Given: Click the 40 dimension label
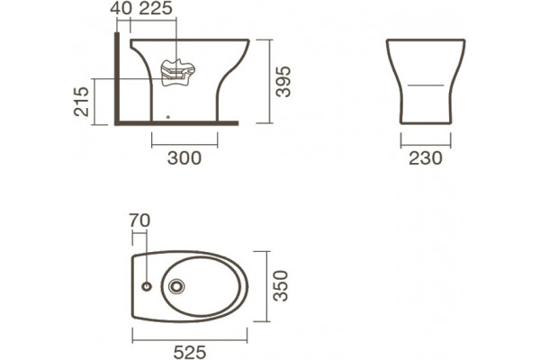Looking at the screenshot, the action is pyautogui.click(x=121, y=8).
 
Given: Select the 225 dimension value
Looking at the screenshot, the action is pyautogui.click(x=156, y=8).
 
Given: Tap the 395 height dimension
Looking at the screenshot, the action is pyautogui.click(x=284, y=82).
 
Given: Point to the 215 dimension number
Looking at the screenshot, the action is pyautogui.click(x=82, y=102).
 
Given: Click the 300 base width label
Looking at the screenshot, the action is pyautogui.click(x=184, y=158).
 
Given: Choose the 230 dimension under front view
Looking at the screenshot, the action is pyautogui.click(x=426, y=158).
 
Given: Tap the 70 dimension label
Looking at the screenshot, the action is pyautogui.click(x=139, y=220).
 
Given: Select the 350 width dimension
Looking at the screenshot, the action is pyautogui.click(x=280, y=286).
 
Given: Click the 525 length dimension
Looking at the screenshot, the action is pyautogui.click(x=190, y=352).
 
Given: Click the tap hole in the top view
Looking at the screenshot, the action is pyautogui.click(x=147, y=286).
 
